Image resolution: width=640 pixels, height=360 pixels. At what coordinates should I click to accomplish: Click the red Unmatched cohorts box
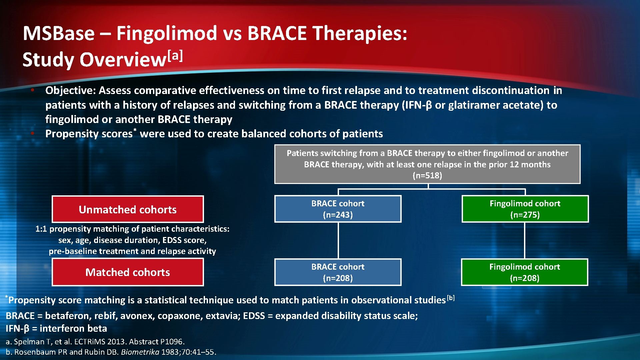128,209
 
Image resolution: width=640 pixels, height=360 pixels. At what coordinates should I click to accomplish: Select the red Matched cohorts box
128,272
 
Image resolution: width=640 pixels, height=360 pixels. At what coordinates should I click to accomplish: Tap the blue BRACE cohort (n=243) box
338,209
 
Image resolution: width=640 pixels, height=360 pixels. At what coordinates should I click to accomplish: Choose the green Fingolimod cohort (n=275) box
525,209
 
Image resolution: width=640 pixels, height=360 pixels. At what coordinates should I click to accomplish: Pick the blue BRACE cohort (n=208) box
338,272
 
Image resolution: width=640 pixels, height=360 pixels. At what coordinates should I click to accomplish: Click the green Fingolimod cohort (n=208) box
525,272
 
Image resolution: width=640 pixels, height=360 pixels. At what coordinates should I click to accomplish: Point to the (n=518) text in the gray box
427,176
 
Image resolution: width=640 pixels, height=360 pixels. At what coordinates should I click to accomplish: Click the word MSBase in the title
59,33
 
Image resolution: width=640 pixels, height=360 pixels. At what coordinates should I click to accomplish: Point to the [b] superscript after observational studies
451,298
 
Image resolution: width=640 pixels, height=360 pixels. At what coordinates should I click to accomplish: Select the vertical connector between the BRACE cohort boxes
338,240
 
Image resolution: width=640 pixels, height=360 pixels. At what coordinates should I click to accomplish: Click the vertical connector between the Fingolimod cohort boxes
525,240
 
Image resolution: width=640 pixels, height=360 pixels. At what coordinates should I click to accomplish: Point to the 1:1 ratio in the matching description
41,229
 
